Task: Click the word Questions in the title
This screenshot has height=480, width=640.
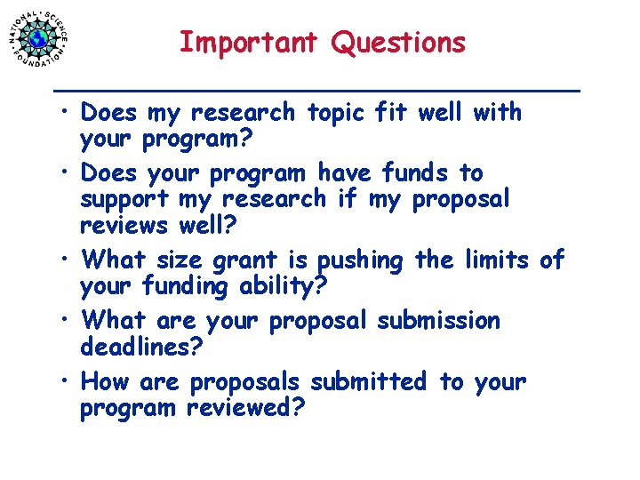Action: click(x=398, y=43)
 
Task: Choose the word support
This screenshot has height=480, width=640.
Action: click(x=125, y=199)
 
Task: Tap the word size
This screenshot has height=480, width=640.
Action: click(x=180, y=260)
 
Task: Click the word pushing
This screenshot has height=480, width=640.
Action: click(x=360, y=261)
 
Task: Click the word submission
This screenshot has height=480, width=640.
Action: click(x=438, y=320)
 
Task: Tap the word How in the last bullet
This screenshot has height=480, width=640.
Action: click(x=105, y=382)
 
